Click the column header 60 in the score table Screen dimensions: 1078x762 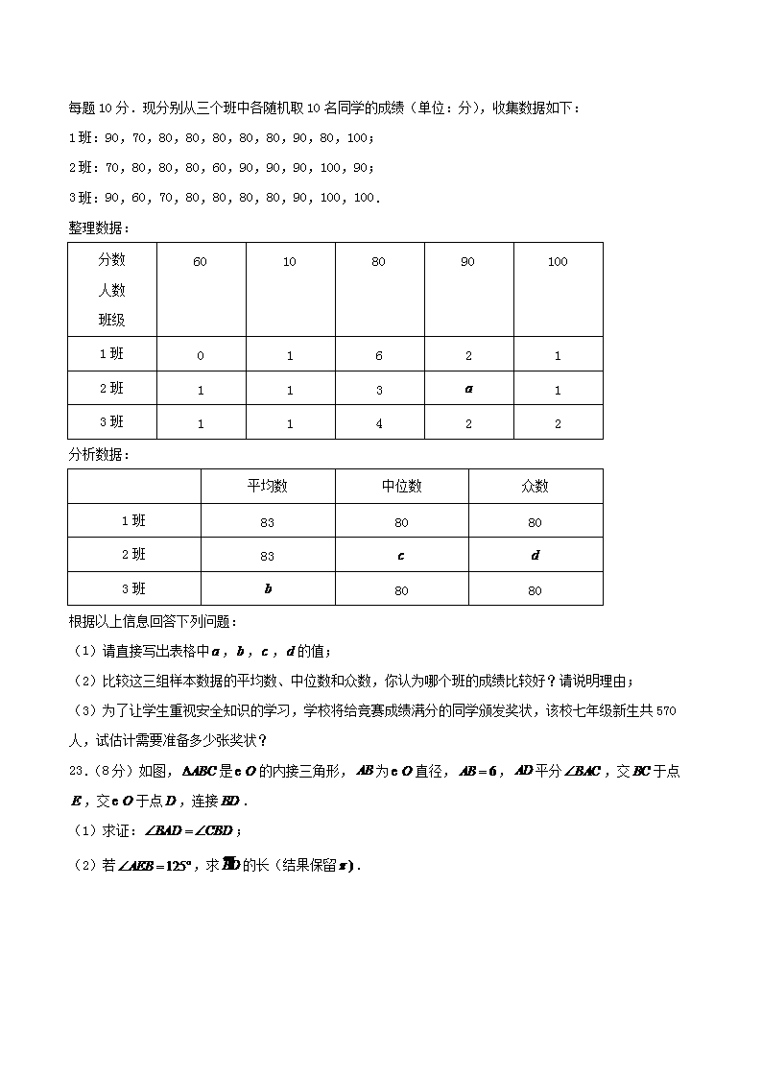pos(200,262)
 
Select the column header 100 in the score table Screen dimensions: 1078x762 pos(558,262)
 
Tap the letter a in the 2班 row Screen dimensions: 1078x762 pos(468,390)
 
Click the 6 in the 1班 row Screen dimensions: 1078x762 pos(379,356)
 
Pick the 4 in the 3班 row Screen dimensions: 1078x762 pos(379,423)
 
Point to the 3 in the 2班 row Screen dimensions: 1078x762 pos(379,390)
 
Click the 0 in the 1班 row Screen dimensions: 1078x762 pos(200,356)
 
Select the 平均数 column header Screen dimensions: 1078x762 pos(267,487)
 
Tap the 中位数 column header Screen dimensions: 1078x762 pos(401,487)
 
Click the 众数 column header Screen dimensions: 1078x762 pos(535,487)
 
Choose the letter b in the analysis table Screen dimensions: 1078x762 pos(267,589)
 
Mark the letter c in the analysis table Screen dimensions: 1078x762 pos(401,556)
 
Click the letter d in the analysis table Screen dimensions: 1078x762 pos(535,556)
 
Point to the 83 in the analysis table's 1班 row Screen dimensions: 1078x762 pos(267,522)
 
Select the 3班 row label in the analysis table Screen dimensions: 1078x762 pos(133,588)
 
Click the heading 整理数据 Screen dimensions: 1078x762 pos(97,228)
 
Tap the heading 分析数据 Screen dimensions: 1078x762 pos(97,454)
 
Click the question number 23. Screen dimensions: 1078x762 pos(78,771)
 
